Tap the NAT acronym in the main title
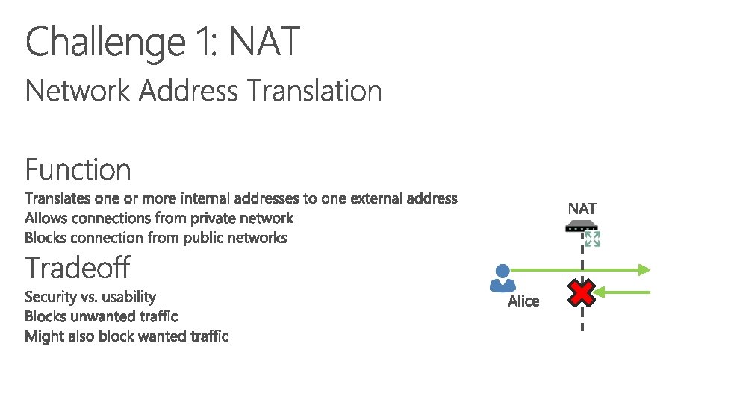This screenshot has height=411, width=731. (x=264, y=42)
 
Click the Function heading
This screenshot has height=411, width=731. (x=78, y=170)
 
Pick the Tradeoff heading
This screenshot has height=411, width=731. (x=78, y=267)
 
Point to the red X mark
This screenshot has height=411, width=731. (x=582, y=292)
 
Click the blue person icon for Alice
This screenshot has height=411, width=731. (x=502, y=277)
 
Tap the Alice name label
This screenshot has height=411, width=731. (x=523, y=301)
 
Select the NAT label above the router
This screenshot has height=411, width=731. (x=582, y=208)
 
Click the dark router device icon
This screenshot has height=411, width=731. (x=582, y=225)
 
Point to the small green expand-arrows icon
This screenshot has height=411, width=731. (x=593, y=239)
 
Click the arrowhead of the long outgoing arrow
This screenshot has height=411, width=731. (x=644, y=269)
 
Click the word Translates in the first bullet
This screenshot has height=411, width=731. (x=57, y=198)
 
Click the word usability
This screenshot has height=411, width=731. (x=128, y=297)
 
